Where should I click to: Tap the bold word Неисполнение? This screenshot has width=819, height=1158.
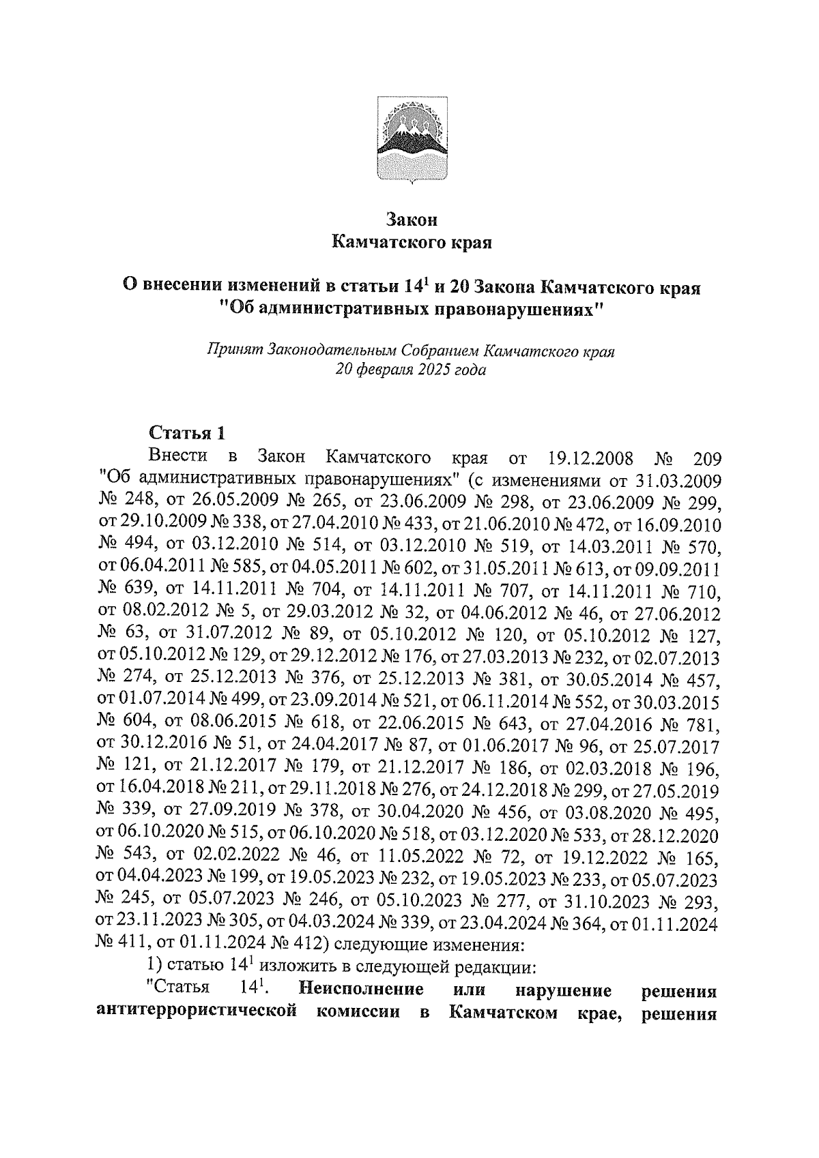360,989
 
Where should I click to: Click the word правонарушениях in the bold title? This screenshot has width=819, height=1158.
515,309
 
